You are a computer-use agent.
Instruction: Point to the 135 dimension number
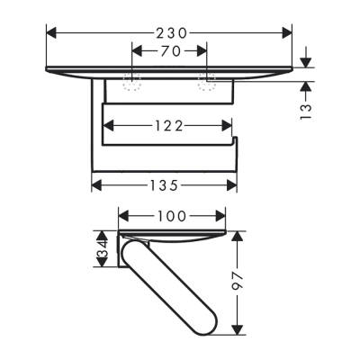[x=164, y=184]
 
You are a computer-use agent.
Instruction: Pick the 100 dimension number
[x=171, y=216]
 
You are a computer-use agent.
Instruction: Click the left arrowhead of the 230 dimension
[x=51, y=31]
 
